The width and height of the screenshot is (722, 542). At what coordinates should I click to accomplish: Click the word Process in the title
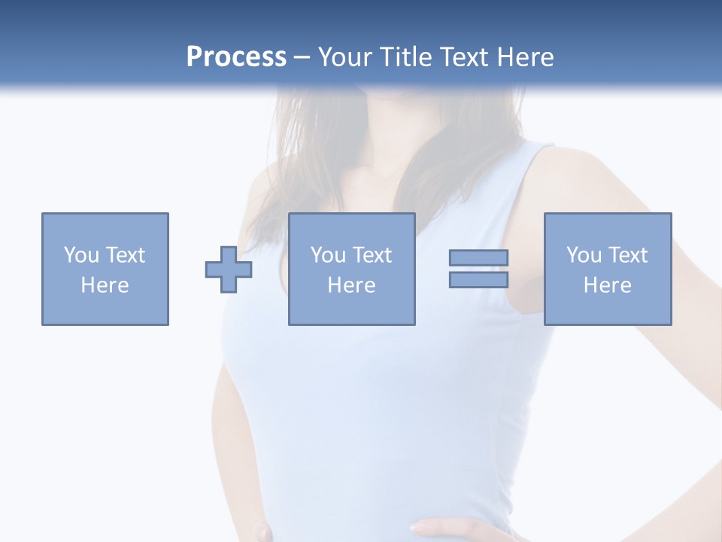click(236, 56)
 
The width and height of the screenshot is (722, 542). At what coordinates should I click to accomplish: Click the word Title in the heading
click(407, 56)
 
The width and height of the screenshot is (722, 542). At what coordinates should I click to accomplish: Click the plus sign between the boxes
click(229, 269)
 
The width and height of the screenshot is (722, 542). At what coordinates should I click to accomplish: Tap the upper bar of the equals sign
click(478, 257)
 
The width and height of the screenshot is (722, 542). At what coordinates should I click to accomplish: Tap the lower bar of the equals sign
click(478, 280)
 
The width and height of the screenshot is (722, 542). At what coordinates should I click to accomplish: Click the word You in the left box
click(80, 255)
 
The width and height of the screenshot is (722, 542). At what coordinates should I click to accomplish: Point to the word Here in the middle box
click(351, 285)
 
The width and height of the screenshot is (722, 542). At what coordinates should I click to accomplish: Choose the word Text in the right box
click(628, 255)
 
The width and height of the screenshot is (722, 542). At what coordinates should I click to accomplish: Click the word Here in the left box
click(105, 285)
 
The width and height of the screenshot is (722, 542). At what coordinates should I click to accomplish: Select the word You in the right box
click(584, 255)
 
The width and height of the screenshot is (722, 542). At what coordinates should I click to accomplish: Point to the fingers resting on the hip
click(444, 527)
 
